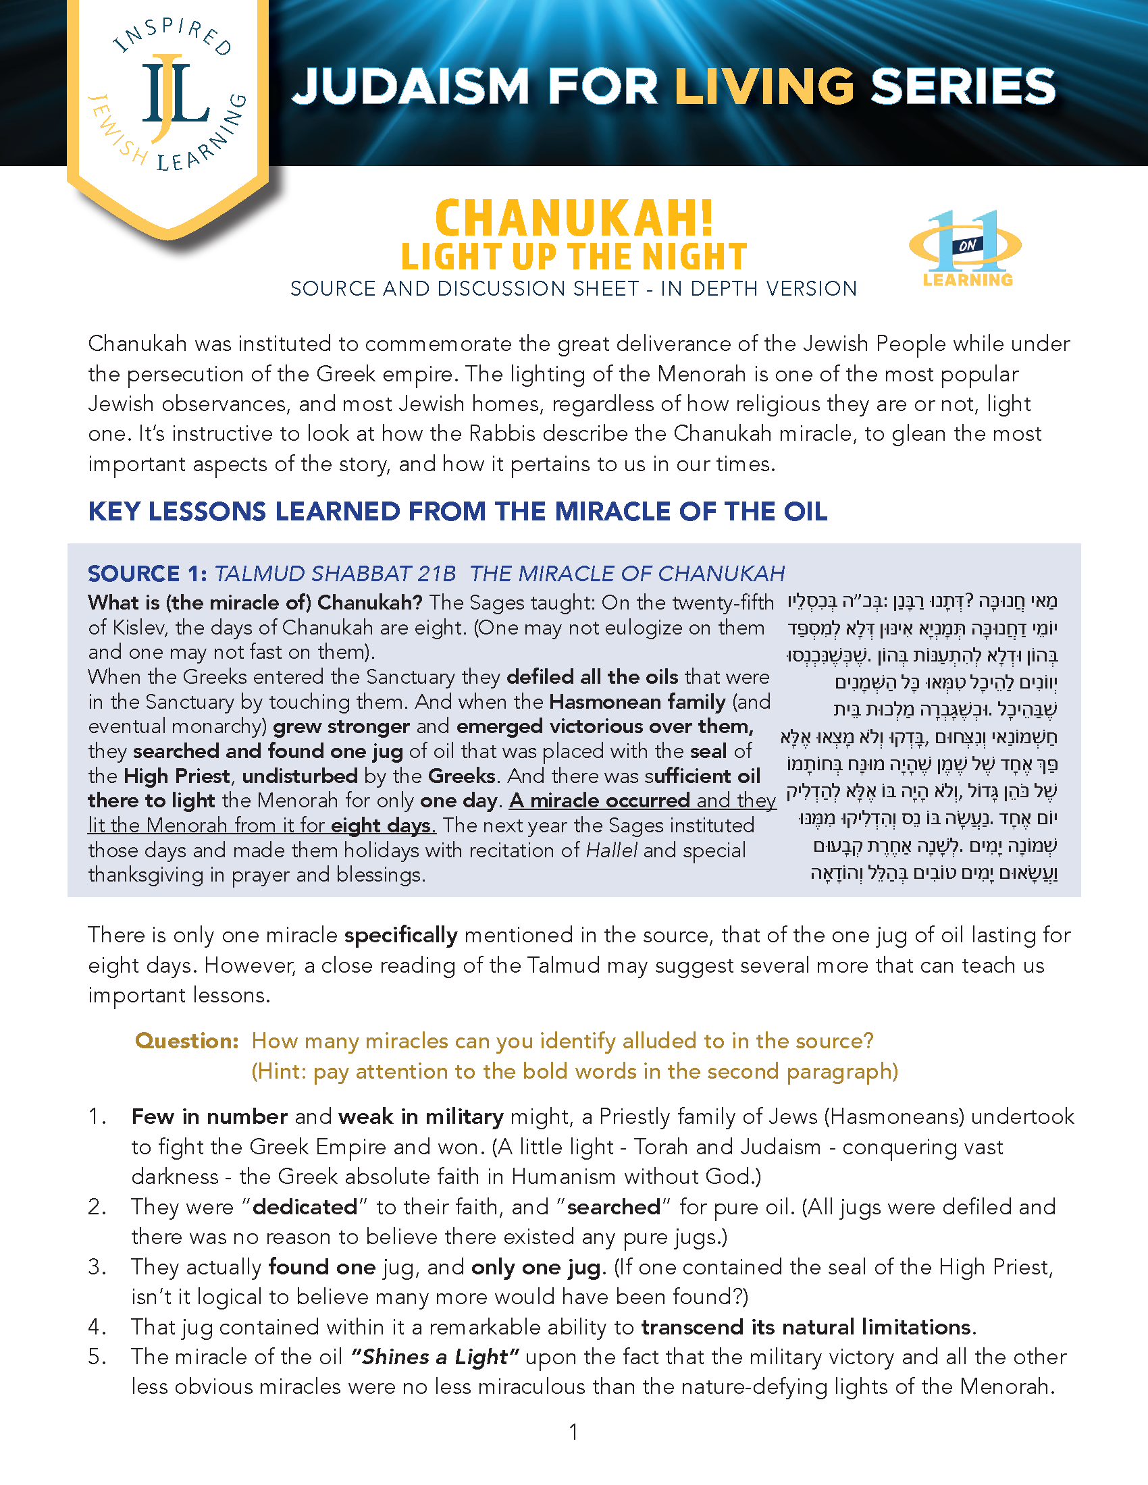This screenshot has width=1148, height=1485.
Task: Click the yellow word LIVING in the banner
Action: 764,87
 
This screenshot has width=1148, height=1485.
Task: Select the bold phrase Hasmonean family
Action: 638,701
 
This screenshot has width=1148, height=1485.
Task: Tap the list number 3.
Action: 97,1267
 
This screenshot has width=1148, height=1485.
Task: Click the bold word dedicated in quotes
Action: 305,1207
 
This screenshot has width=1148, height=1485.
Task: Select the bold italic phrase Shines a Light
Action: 436,1357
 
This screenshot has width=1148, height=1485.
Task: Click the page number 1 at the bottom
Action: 574,1432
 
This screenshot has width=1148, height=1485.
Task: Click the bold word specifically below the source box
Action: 400,936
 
